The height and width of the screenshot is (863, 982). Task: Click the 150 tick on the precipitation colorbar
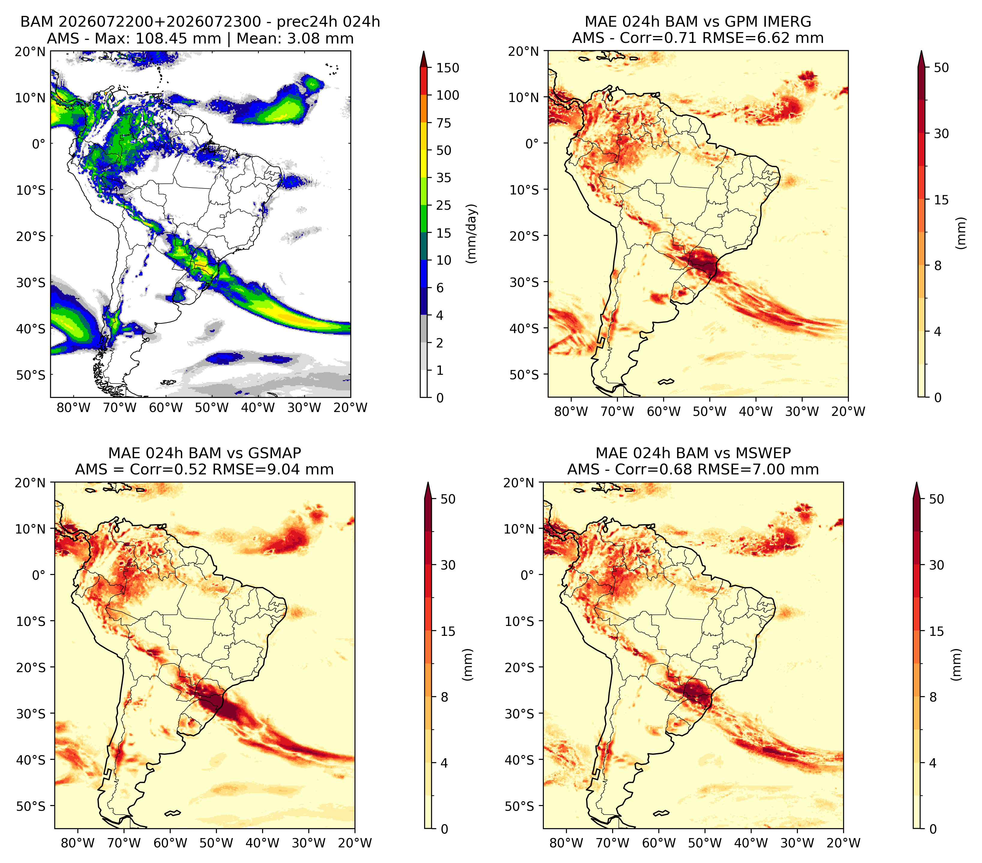tap(447, 68)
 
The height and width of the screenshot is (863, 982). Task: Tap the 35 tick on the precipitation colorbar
tap(443, 178)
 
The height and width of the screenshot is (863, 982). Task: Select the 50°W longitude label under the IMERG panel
tap(710, 411)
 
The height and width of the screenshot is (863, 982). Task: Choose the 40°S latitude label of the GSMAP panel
tap(31, 760)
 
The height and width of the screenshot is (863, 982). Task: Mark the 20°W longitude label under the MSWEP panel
tap(843, 843)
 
